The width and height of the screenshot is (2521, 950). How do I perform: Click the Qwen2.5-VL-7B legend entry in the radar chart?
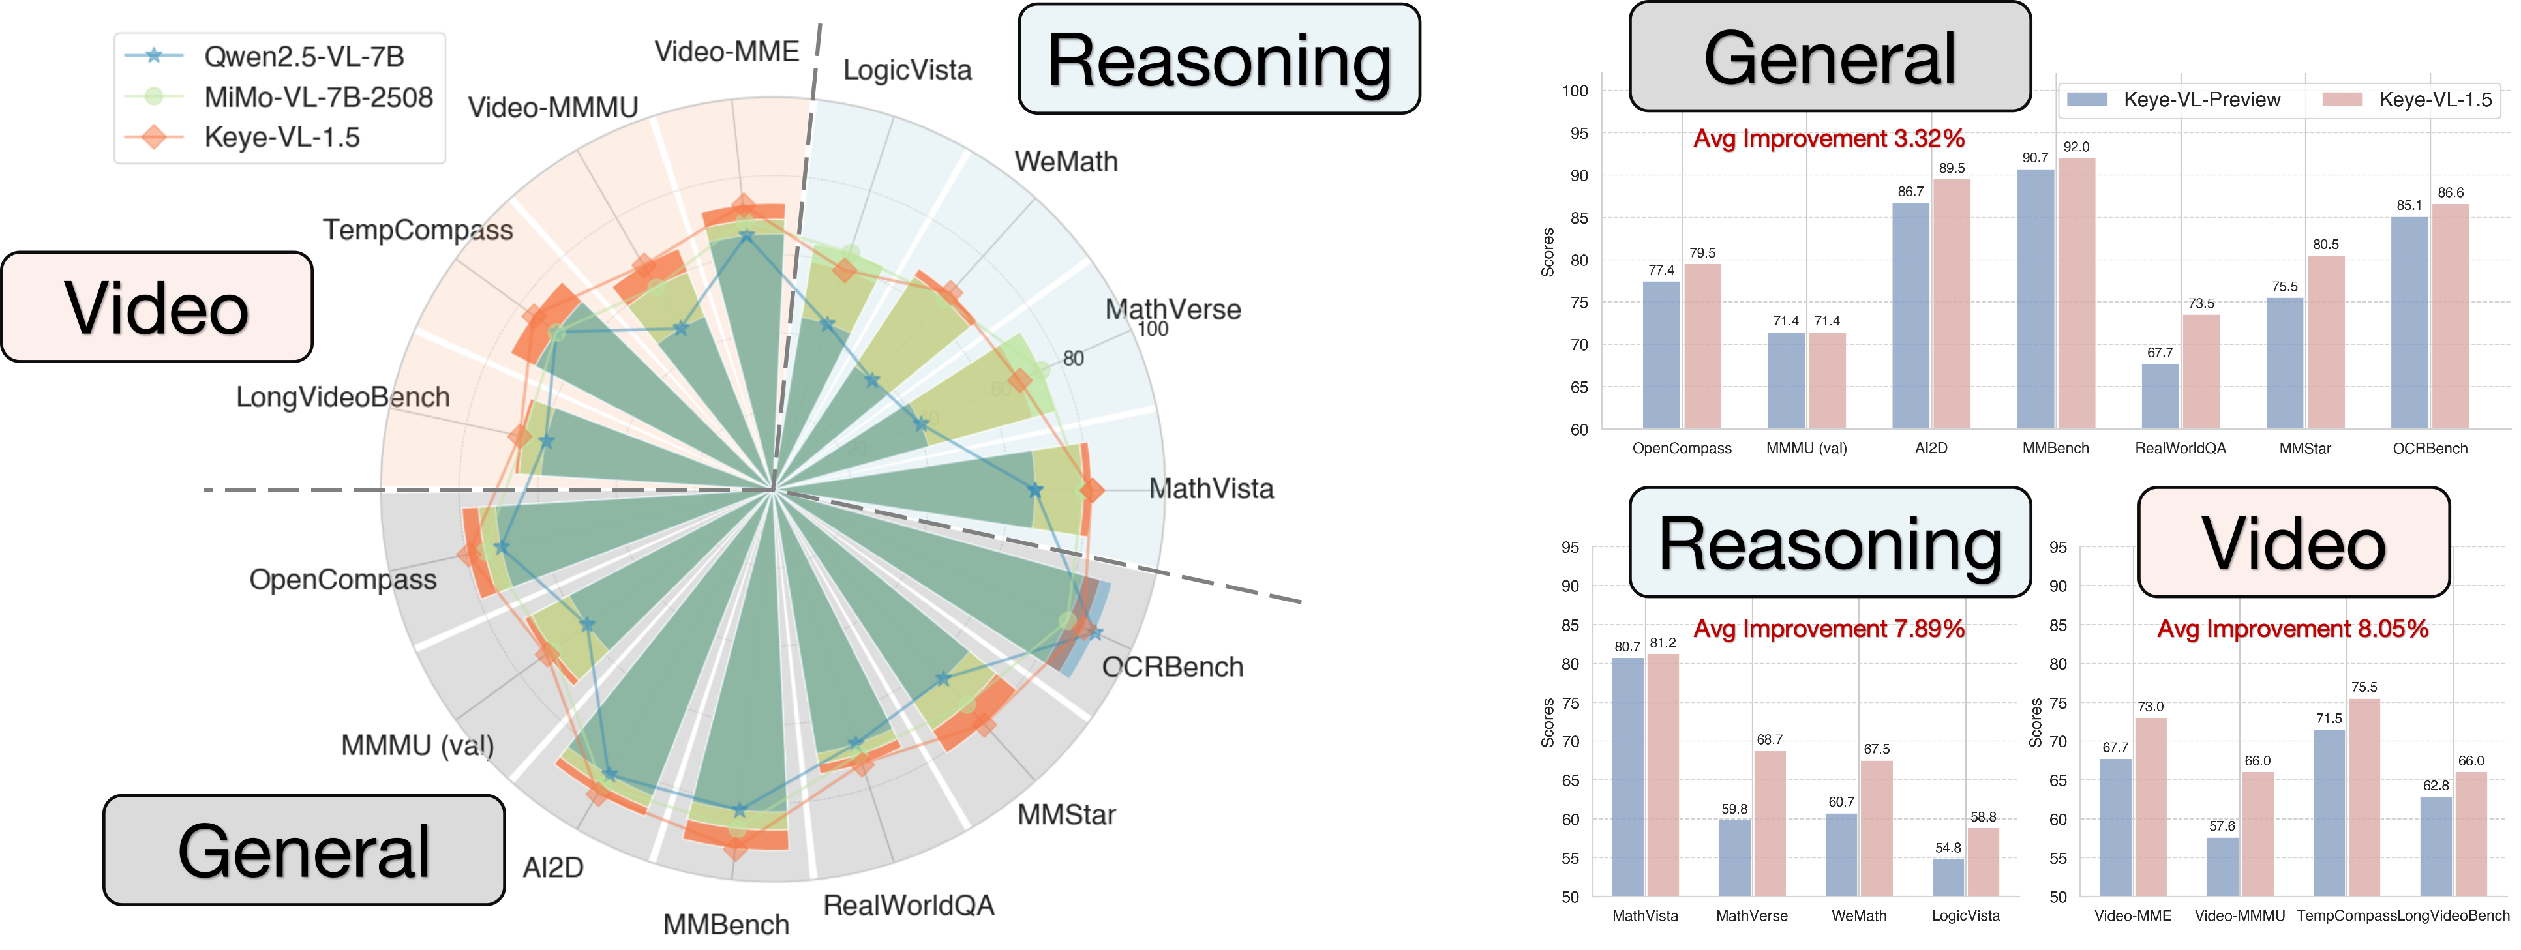[x=303, y=57]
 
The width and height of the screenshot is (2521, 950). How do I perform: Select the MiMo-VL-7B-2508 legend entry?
[x=318, y=97]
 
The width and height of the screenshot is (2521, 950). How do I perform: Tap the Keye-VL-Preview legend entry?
[x=2201, y=100]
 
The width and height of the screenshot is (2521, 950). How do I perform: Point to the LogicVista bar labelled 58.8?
[x=1983, y=861]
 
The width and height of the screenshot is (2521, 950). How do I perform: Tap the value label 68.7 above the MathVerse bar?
[x=1770, y=739]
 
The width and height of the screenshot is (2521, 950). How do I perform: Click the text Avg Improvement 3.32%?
[x=1829, y=139]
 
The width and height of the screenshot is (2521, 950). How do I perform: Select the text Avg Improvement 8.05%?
[x=2293, y=629]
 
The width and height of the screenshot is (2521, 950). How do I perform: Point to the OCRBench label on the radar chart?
[x=1172, y=667]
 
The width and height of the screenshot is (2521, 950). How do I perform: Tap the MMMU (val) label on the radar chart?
[x=417, y=745]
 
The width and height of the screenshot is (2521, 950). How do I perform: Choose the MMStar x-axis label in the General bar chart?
[x=2304, y=448]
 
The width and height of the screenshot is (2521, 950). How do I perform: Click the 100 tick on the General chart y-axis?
[x=1575, y=91]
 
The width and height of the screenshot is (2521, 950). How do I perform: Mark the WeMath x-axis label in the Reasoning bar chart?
[x=1858, y=915]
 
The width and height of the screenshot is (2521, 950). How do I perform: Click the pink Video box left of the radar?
[x=157, y=307]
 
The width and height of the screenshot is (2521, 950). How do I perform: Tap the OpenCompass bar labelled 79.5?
[x=1702, y=346]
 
